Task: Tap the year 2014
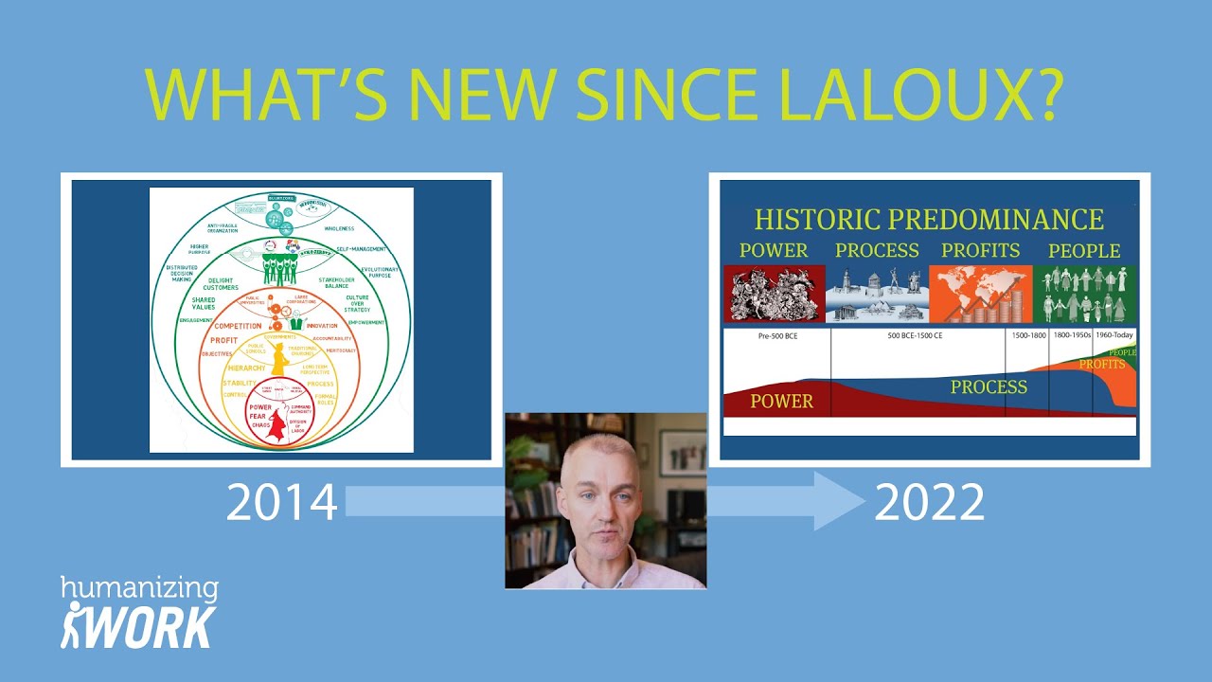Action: [x=281, y=503]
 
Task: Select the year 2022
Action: [x=929, y=503]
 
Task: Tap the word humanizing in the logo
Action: [x=139, y=589]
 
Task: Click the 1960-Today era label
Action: [x=1114, y=335]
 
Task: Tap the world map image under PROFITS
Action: [x=980, y=294]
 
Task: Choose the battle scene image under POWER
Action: [x=773, y=294]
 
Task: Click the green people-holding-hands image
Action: [x=1085, y=294]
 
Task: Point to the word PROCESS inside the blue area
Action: [x=989, y=386]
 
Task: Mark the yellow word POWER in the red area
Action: [x=781, y=402]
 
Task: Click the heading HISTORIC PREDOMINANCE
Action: [x=929, y=220]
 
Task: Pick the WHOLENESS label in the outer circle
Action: [x=338, y=228]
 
